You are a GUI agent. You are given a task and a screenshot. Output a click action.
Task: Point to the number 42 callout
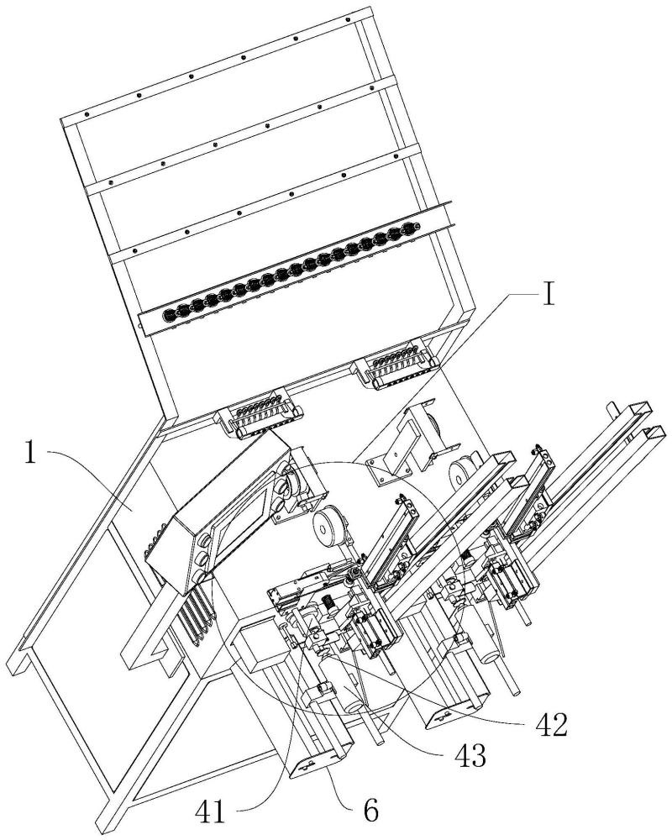pyautogui.click(x=551, y=726)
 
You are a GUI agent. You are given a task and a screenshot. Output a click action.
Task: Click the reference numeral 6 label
pyautogui.click(x=370, y=811)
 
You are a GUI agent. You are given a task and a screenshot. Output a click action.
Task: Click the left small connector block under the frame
pyautogui.click(x=260, y=415)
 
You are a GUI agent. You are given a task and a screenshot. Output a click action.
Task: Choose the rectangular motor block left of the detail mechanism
pyautogui.click(x=255, y=644)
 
